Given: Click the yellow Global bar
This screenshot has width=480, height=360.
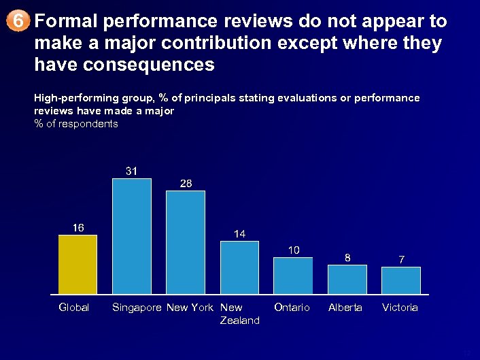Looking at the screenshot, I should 78,265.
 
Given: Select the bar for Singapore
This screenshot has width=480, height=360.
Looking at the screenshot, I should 131,236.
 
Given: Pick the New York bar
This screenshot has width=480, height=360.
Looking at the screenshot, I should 186,242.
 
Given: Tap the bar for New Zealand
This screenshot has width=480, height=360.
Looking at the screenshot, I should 239,267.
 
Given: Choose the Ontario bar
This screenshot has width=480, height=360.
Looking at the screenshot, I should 293,276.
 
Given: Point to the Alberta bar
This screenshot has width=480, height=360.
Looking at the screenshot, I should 347,279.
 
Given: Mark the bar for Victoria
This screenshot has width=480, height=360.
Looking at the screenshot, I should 401,280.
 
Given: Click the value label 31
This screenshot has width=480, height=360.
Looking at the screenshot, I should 132,171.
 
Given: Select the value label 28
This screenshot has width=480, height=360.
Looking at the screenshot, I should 186,183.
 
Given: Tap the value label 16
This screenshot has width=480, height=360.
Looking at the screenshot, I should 78,227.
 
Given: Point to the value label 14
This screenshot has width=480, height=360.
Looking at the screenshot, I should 239,233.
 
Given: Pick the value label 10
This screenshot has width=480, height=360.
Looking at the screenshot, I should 294,250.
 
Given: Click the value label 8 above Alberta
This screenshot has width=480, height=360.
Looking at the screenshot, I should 347,257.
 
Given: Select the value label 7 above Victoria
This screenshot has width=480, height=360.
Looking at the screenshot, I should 402,259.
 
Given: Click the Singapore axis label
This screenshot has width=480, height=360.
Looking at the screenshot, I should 137,308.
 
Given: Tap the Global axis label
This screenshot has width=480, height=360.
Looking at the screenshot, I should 74,308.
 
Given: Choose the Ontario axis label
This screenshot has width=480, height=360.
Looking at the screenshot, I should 292,308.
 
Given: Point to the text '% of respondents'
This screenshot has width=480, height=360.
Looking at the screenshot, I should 75,124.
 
